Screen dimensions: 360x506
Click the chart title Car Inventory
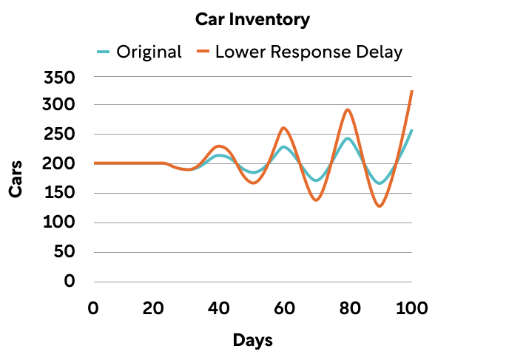click(252, 20)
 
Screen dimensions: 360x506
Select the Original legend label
click(149, 52)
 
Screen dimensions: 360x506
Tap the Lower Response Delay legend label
click(308, 52)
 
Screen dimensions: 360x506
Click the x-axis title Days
click(253, 340)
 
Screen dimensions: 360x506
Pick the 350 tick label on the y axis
click(59, 77)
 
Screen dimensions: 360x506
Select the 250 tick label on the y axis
click(59, 135)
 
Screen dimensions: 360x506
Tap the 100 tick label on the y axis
click(59, 223)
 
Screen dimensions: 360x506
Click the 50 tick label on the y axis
click(64, 252)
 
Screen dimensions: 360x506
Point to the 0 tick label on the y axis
click(69, 282)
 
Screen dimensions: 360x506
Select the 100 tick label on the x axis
click(411, 308)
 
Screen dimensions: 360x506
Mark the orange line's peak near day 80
click(348, 109)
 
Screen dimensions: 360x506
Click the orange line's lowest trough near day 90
click(379, 206)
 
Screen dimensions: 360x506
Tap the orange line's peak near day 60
click(283, 128)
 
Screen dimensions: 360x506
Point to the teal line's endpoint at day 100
click(412, 130)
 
